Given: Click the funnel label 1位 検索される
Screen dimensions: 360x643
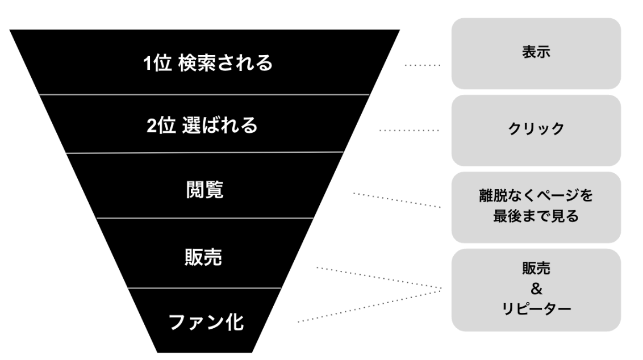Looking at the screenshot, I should tap(207, 64).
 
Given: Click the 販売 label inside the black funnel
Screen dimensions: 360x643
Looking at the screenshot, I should tap(203, 257).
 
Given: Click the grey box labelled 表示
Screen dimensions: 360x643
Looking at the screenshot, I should tap(536, 53).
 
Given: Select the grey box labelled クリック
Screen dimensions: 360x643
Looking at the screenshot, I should tap(536, 129).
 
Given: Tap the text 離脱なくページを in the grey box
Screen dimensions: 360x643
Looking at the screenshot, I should tap(536, 196).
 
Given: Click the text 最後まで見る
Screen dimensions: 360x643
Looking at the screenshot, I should tap(536, 216).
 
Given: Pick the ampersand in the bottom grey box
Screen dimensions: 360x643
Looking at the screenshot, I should tap(536, 290).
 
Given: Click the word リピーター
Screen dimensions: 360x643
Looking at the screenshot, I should tap(536, 309).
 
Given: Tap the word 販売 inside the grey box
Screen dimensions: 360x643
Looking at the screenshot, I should tap(536, 270).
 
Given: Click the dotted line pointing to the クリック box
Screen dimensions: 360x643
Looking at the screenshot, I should tap(409, 131).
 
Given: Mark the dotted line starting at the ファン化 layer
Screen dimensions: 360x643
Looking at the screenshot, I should tap(369, 307).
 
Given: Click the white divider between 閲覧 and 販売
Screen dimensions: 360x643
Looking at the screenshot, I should tap(204, 218).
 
